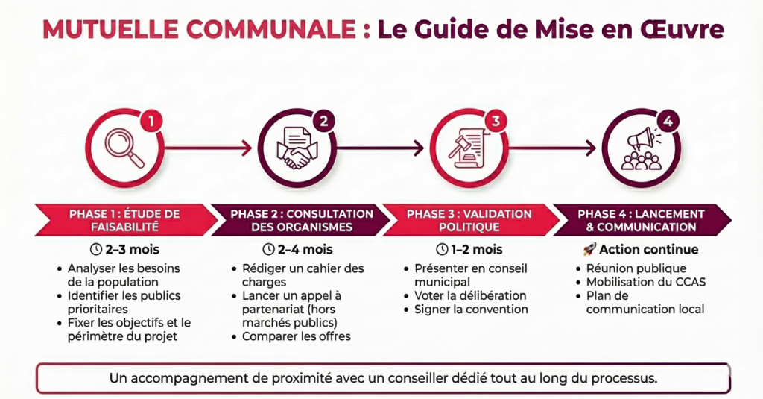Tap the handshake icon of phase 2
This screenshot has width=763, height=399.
(297, 148)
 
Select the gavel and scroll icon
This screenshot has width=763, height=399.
(467, 147)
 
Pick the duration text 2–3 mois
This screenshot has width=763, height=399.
(124, 249)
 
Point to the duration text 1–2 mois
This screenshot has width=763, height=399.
(467, 249)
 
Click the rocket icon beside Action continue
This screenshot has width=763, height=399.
(588, 249)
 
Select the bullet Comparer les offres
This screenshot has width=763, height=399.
(296, 336)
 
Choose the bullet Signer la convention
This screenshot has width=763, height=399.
(471, 309)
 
